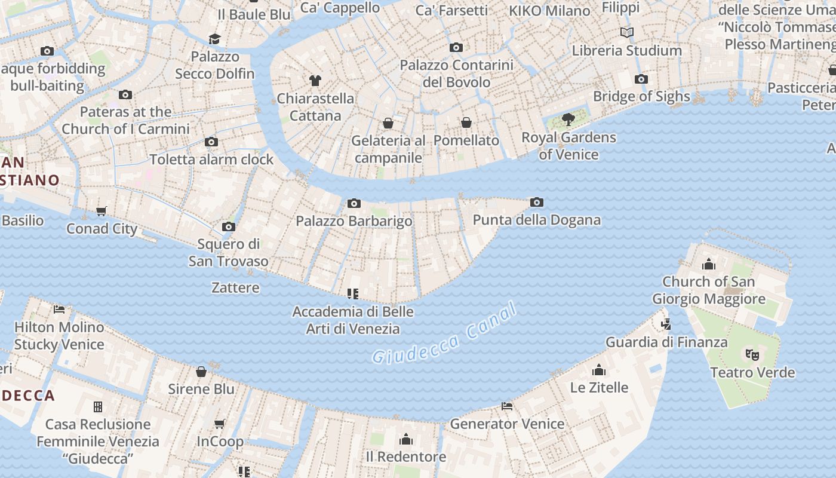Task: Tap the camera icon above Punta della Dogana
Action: point(537,203)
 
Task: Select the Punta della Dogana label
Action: point(536,220)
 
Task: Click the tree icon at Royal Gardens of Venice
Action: point(568,119)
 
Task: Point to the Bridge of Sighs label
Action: point(641,96)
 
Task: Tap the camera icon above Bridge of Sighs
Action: point(641,79)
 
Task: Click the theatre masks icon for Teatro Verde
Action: point(752,355)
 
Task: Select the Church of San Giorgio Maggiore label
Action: point(708,290)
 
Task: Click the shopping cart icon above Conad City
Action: point(102,211)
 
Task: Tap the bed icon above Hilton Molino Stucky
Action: point(59,309)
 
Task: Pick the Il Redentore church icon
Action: point(406,440)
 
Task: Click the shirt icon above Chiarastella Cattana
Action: point(315,80)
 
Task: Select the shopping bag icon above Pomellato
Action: point(466,122)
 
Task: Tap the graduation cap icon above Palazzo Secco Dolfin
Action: point(214,39)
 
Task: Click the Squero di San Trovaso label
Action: point(229,252)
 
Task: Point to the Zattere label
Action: point(235,287)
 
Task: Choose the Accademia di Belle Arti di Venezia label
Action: point(353,320)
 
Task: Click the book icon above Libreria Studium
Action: point(626,32)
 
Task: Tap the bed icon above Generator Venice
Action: point(507,406)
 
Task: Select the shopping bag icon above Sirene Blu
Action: point(201,372)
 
